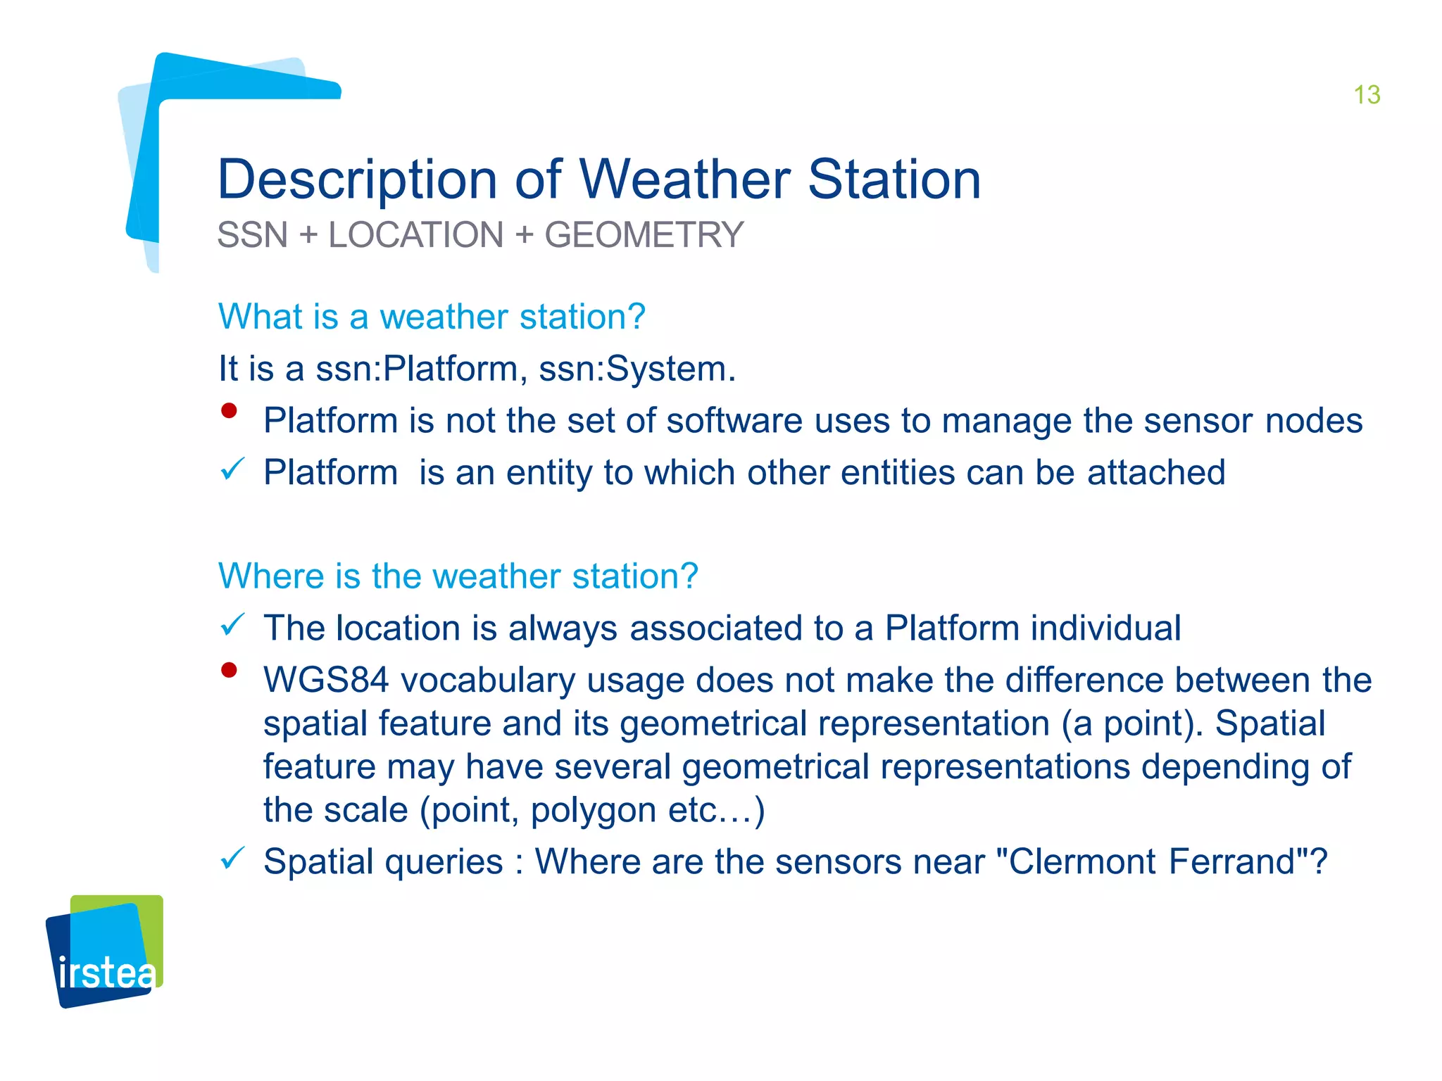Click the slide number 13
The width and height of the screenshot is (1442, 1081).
point(1367,95)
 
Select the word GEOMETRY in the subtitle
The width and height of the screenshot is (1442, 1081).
point(644,235)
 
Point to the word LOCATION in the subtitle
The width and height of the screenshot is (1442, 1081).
point(416,235)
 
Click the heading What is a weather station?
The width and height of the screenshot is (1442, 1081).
point(432,317)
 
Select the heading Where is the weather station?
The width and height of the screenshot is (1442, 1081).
point(458,576)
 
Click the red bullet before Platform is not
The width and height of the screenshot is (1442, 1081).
point(229,411)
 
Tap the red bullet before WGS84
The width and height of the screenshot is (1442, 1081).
point(229,670)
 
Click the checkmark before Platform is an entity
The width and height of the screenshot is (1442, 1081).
point(232,469)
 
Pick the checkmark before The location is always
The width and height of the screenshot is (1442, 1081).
point(232,624)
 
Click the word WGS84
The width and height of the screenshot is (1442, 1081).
point(326,681)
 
